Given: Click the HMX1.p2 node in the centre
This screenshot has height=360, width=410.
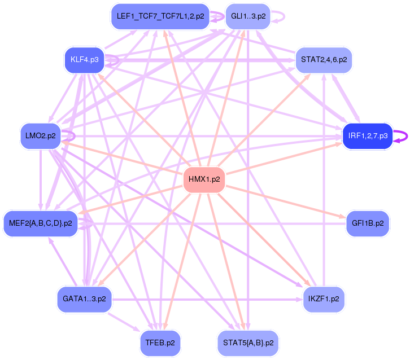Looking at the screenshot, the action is coord(204,180).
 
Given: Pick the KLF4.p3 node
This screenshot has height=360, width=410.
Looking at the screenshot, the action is coord(84,59).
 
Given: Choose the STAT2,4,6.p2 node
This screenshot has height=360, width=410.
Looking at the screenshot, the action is coord(324,59).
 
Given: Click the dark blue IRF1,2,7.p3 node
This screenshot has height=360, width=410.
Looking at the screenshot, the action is coord(367,136).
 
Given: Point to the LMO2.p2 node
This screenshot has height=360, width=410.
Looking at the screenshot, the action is coord(41,136).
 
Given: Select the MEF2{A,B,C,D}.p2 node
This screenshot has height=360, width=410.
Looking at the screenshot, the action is coord(41,223).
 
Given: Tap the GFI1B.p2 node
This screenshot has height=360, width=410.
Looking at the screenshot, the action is coord(367,223).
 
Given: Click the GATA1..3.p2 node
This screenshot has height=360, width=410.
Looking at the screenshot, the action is coord(85,299).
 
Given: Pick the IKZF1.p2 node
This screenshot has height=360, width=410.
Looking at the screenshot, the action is coord(324,299).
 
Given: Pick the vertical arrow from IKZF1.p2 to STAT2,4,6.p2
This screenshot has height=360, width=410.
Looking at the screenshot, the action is coord(324,181).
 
